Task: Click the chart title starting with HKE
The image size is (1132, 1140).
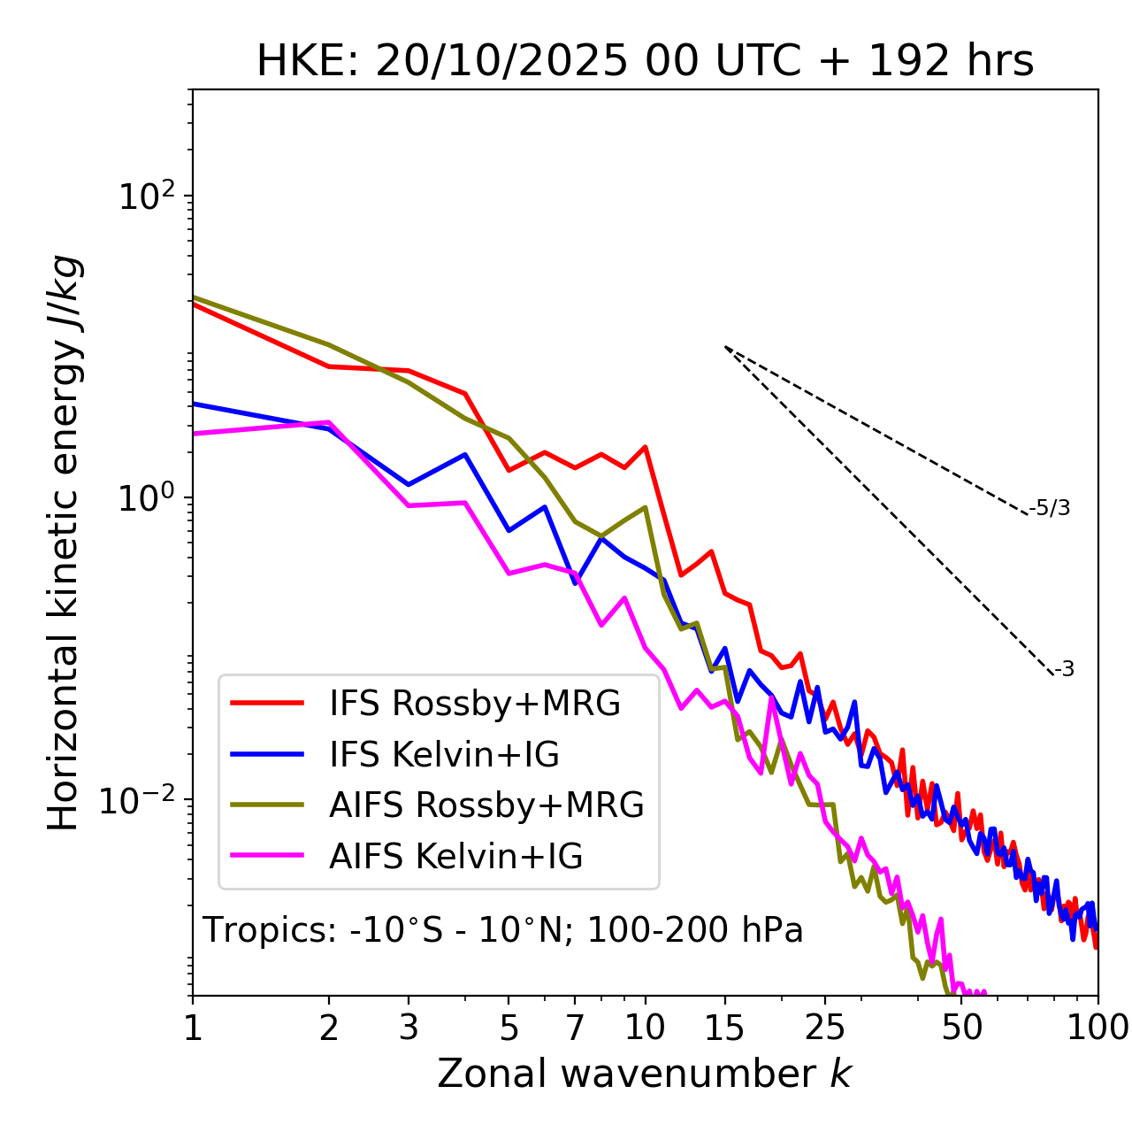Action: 645,62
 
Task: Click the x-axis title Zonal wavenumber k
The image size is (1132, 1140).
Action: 644,1074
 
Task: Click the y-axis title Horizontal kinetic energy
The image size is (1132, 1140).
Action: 64,543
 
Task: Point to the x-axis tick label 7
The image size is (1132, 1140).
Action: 575,1028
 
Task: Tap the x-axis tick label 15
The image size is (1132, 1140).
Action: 725,1028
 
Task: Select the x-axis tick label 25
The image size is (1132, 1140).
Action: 825,1028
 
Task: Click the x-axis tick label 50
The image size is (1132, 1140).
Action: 961,1028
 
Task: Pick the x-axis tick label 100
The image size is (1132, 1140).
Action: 1098,1028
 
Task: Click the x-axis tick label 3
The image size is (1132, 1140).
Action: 409,1028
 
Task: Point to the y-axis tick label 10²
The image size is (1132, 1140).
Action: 149,196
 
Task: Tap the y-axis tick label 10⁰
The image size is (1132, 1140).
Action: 149,497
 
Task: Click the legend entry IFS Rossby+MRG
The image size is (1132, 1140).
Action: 474,703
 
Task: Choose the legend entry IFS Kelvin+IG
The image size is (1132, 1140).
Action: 444,754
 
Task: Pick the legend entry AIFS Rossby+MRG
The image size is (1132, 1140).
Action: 486,805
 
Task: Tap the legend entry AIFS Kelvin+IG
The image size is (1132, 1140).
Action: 455,856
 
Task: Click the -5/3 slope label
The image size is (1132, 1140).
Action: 1050,508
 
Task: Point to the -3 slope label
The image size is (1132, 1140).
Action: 1065,670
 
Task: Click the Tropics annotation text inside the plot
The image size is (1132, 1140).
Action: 502,930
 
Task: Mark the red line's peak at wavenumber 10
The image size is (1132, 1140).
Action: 646,447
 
